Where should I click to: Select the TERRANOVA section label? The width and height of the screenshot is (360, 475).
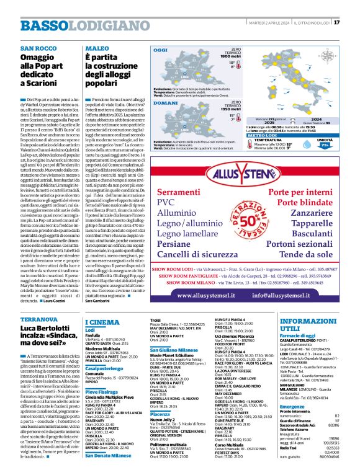tap(38, 319)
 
